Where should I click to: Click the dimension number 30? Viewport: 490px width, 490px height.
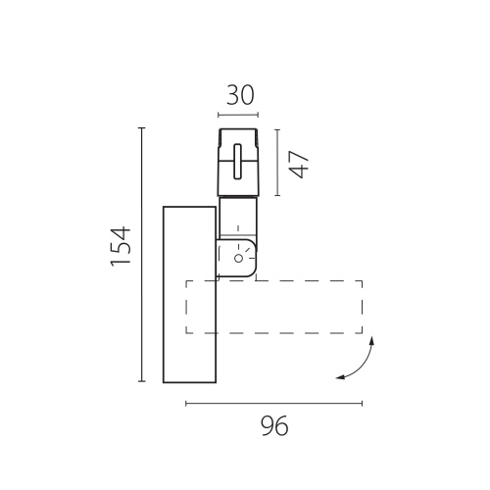pos(240,95)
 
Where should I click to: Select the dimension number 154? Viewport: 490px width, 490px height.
pos(121,247)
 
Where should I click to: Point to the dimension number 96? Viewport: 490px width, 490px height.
pos(274,425)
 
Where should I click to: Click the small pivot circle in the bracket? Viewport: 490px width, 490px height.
pos(239,259)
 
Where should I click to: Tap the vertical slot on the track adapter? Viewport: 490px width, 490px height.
pos(238,162)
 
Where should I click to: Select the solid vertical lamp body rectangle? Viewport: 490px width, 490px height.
pos(189,295)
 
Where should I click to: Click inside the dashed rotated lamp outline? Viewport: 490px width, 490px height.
pos(273,307)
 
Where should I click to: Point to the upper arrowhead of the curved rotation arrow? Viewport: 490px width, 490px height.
pos(371,341)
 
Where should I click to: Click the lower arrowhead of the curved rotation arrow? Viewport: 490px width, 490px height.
pos(340,377)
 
